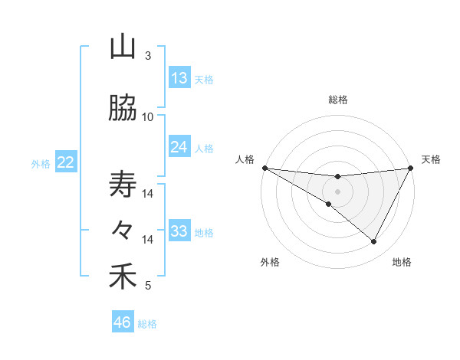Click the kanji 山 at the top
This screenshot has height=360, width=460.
[x=123, y=47]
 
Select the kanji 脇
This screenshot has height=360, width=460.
[x=123, y=110]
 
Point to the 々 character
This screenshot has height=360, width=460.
[x=123, y=230]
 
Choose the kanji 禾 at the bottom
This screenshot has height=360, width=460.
[x=123, y=277]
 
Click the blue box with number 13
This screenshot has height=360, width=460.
[x=179, y=78]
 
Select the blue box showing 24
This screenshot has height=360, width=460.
[x=179, y=147]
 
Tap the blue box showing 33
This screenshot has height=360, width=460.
[x=179, y=231]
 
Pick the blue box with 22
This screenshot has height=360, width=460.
[x=66, y=162]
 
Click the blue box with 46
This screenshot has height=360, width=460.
[x=123, y=322]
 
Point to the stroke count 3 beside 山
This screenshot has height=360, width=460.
[x=148, y=56]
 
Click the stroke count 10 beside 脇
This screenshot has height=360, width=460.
[x=148, y=117]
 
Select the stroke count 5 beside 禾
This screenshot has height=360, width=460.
[x=148, y=286]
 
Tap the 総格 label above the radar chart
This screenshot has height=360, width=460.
[x=337, y=100]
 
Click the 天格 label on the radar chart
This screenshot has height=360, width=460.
[x=431, y=159]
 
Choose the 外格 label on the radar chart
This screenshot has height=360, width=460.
[x=270, y=262]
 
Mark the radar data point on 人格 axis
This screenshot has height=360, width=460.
[x=264, y=168]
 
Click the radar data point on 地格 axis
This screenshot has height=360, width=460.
[x=374, y=242]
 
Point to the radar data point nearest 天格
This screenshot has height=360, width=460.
[x=411, y=168]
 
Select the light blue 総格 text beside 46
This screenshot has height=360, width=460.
[x=148, y=324]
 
